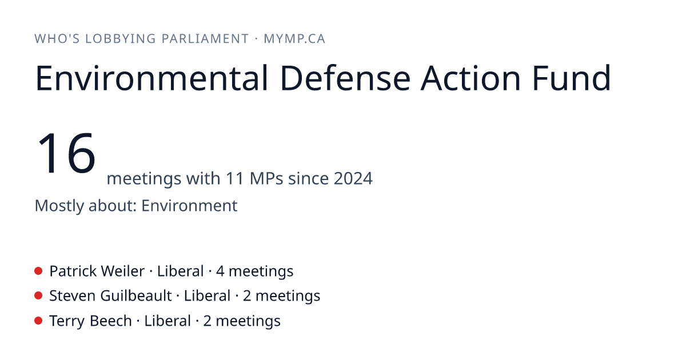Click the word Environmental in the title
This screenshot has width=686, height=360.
(x=152, y=78)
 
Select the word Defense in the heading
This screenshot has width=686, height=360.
(x=345, y=78)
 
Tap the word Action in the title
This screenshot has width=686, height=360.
(x=470, y=78)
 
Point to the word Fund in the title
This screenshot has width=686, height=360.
(x=572, y=78)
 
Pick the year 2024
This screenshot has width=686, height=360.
(x=353, y=178)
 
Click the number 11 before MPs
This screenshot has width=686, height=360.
(x=235, y=178)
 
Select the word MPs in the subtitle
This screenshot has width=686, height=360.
(x=266, y=178)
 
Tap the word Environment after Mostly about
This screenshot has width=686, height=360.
(x=189, y=205)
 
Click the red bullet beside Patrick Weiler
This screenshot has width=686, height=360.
(x=38, y=271)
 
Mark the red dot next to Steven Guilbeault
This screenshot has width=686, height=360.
(x=38, y=296)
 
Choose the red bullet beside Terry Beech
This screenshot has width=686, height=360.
(x=38, y=321)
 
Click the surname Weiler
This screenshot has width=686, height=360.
(x=123, y=271)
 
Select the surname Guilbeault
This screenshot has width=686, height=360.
(x=136, y=296)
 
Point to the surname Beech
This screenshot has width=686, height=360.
(x=111, y=321)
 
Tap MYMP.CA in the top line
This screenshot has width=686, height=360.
(x=294, y=39)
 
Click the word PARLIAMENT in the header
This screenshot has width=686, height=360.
(x=205, y=39)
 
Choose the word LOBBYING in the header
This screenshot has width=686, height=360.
(x=121, y=39)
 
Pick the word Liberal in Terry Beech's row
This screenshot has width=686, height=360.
(x=167, y=321)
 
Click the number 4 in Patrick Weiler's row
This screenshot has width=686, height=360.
(x=220, y=271)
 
